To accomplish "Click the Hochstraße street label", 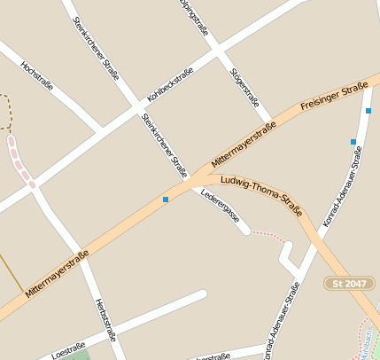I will click(36, 76).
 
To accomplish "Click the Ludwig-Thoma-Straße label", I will click(261, 197).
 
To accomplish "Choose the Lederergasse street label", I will click(220, 210).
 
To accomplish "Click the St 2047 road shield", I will click(347, 283).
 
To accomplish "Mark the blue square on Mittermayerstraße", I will click(165, 200).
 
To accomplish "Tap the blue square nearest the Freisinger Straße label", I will click(368, 111).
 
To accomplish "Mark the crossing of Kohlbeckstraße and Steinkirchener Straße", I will click(140, 108).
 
